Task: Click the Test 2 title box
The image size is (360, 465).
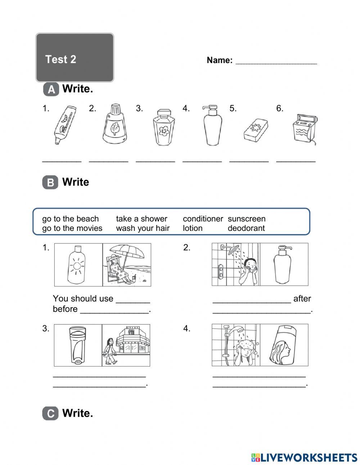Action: [x=75, y=58]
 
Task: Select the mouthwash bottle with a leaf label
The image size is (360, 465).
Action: [x=114, y=124]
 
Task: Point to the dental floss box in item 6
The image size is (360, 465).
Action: [x=303, y=129]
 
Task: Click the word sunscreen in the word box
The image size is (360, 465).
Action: [x=247, y=219]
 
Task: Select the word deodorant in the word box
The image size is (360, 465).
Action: [x=246, y=228]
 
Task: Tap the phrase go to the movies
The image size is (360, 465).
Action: [x=72, y=228]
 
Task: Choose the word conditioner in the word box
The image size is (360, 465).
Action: [x=203, y=219]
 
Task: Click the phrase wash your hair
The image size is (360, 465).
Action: [x=143, y=228]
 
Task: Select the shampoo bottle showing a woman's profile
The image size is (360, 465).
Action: [x=283, y=345]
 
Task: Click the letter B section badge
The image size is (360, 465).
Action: [x=50, y=183]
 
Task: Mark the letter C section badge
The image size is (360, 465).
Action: [x=50, y=413]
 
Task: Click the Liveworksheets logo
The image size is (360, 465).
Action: [x=304, y=457]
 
